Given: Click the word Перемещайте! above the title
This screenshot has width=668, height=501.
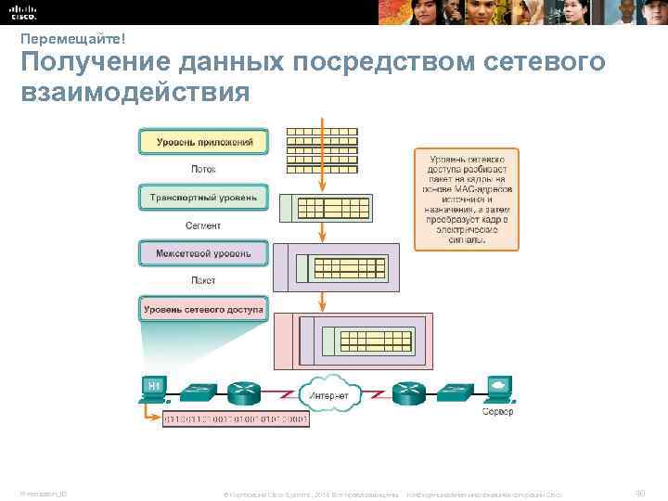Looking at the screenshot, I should point(72,37).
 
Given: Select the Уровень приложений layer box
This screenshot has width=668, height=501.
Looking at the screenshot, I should point(203,141).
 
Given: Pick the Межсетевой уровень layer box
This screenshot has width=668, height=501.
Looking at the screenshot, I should point(203,252).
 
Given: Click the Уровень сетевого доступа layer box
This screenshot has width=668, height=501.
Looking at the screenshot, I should point(203,309).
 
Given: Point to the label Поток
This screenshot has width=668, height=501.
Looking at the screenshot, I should point(203,170).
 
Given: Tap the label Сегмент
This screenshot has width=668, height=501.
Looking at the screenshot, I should point(203,225).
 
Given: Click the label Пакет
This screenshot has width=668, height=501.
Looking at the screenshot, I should point(203,280).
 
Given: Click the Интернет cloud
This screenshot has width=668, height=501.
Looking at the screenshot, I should point(329,394).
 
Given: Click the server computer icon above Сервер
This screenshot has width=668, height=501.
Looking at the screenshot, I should point(497,389).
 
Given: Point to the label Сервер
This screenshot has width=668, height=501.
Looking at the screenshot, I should point(497,411).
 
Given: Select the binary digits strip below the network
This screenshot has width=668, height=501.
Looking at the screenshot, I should point(236,419).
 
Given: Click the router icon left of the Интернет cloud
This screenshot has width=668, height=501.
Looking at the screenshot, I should point(245,393).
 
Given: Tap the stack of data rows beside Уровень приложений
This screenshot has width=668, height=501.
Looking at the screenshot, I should point(322,147).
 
